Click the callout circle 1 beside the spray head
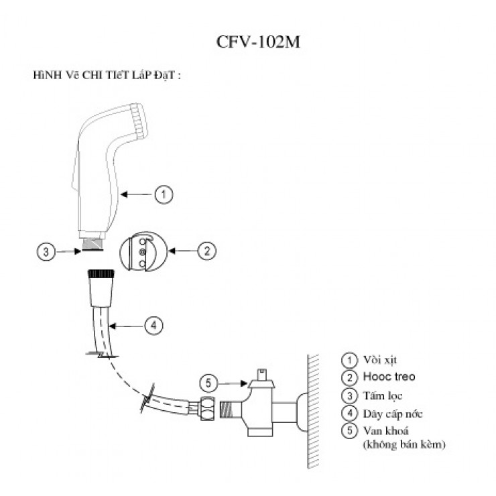(164, 194)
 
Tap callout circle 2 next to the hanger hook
(206, 251)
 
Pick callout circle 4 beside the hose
(153, 326)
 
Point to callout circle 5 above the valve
(209, 383)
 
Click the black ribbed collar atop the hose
(103, 273)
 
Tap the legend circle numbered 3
(348, 395)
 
